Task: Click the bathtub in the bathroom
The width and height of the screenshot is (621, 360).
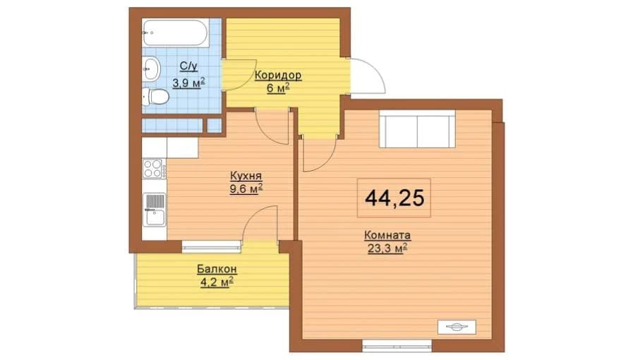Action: (176, 33)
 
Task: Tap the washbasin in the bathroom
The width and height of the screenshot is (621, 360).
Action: (151, 69)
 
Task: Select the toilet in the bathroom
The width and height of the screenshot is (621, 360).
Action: (156, 97)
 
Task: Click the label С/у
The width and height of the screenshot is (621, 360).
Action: (188, 66)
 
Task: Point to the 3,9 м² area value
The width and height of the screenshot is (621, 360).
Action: (188, 83)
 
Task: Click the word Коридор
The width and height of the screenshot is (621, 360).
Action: (278, 75)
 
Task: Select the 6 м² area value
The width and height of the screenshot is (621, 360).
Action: (278, 88)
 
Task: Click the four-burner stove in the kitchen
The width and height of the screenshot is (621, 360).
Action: (153, 168)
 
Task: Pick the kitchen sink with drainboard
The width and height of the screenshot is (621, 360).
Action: (154, 209)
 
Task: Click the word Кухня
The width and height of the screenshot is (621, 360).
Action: (246, 176)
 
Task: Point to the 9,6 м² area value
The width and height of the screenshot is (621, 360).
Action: (246, 189)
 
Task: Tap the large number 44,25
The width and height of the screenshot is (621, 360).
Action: (394, 198)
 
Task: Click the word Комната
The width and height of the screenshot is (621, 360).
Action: (387, 235)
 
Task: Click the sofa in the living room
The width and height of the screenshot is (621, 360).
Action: (418, 129)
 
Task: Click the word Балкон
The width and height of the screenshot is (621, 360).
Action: (217, 269)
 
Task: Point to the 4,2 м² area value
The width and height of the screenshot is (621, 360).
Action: (216, 282)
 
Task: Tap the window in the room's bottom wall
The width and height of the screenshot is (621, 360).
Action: (397, 346)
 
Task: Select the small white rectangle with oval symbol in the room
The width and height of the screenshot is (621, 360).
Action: (457, 327)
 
